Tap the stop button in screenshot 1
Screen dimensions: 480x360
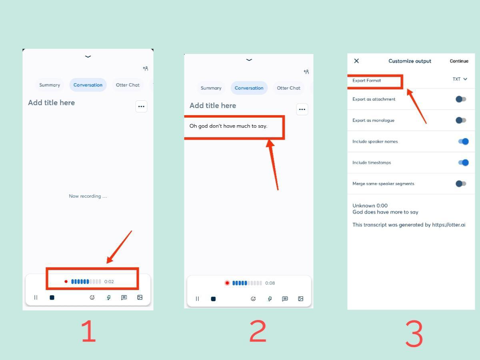click(x=52, y=298)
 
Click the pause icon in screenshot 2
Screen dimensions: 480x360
click(x=197, y=298)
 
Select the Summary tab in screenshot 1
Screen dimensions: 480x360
click(x=50, y=85)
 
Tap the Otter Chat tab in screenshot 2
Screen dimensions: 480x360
click(x=288, y=88)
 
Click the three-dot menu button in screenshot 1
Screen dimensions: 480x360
click(x=141, y=106)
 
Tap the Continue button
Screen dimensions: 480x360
click(x=459, y=61)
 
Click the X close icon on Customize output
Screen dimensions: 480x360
click(x=356, y=61)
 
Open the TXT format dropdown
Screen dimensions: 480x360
click(x=460, y=79)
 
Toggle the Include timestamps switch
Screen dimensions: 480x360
click(x=463, y=163)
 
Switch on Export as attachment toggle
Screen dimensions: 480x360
click(x=461, y=99)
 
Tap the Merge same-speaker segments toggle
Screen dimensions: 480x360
click(x=461, y=184)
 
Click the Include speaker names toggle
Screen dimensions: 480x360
click(x=463, y=142)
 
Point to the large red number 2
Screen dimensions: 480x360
click(x=258, y=331)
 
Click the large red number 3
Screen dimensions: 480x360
click(x=414, y=334)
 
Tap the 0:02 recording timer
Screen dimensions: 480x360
click(x=109, y=282)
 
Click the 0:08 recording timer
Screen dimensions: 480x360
click(x=270, y=283)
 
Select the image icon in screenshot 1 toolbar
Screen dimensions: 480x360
click(x=140, y=297)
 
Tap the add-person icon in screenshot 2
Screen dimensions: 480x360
click(x=306, y=72)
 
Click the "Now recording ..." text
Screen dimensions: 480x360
click(x=88, y=196)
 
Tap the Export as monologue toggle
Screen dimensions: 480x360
click(x=461, y=120)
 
